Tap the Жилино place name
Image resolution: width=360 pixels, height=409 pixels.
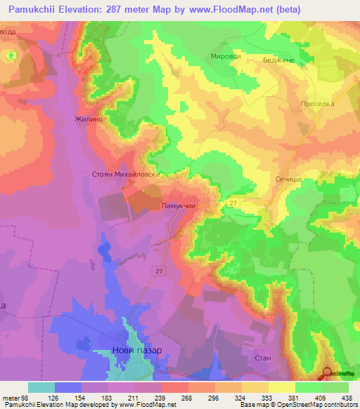pyautogui.click(x=89, y=119)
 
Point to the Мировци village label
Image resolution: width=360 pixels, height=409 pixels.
pyautogui.click(x=226, y=56)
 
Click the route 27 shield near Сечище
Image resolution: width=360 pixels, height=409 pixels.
pyautogui.click(x=233, y=203)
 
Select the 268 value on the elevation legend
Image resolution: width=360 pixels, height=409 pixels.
pyautogui.click(x=188, y=396)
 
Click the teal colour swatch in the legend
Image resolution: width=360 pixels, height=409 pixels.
pyautogui.click(x=41, y=387)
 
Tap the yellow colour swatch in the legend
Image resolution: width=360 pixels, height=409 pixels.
pyautogui.click(x=281, y=387)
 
